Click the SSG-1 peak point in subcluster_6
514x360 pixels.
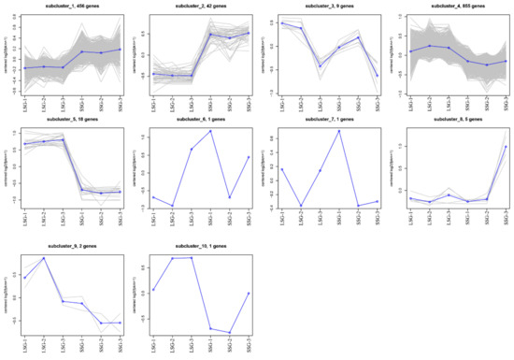(x=211, y=131)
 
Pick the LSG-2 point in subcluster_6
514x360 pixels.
(x=172, y=205)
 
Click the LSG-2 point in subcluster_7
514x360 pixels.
(x=300, y=206)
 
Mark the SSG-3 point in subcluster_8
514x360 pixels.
(x=506, y=146)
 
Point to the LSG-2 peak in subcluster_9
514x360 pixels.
(x=44, y=257)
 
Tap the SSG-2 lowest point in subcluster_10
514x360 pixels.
(x=231, y=333)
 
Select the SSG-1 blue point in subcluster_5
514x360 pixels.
(x=83, y=190)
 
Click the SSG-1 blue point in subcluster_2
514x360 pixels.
(x=211, y=35)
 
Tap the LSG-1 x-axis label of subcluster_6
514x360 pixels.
(x=153, y=219)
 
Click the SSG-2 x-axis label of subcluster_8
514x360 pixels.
(x=486, y=219)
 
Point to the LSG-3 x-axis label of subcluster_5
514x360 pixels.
(x=64, y=219)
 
